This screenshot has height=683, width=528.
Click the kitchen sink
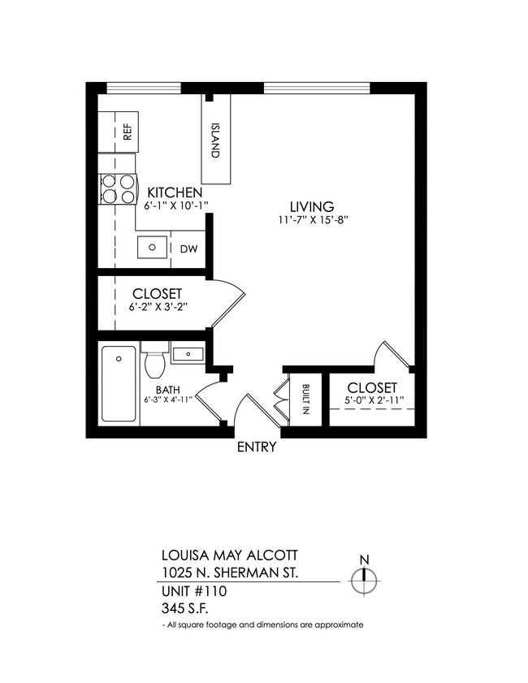point(152,245)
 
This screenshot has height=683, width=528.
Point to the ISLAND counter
point(216,140)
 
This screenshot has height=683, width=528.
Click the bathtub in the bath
point(119,383)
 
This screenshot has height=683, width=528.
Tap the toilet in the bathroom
point(154,361)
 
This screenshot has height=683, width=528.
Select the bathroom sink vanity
point(188,353)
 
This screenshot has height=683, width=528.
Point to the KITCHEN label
point(174,192)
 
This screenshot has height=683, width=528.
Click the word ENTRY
point(257,447)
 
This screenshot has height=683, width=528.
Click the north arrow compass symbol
point(365,579)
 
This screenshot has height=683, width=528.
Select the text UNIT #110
point(193,590)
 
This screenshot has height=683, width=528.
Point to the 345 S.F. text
point(185,607)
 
